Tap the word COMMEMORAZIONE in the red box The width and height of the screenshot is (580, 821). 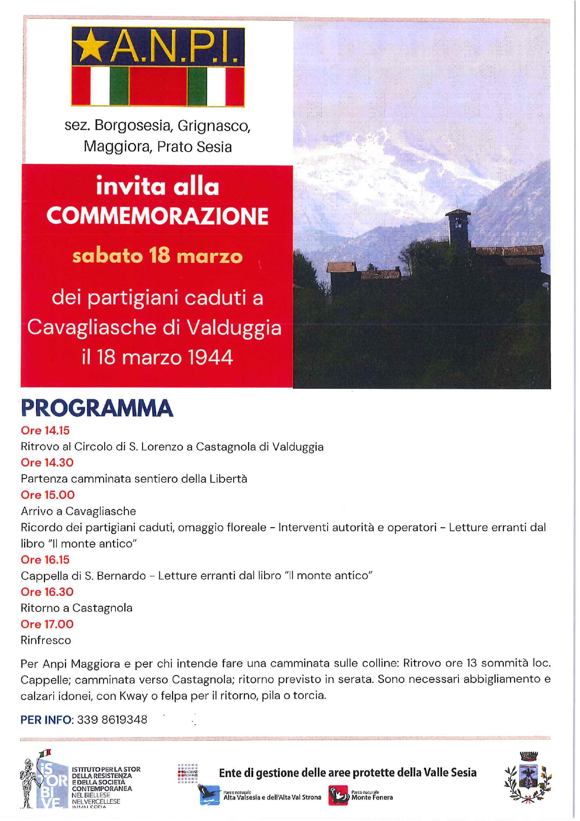(x=158, y=216)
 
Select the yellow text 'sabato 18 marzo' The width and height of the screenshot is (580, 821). (x=158, y=256)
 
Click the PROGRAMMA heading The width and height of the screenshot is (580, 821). (x=97, y=408)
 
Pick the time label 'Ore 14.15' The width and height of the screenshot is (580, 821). (x=45, y=430)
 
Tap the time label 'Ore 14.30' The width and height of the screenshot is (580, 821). (x=47, y=463)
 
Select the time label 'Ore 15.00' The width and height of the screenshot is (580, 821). (x=48, y=495)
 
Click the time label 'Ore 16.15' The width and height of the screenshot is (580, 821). (x=45, y=559)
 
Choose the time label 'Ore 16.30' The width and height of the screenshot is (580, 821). (x=47, y=592)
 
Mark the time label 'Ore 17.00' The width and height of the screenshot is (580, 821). (x=47, y=624)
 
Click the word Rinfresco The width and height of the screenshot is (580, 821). (x=46, y=640)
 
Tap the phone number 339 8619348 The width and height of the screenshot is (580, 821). (x=112, y=719)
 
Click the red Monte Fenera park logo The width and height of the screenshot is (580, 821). (x=338, y=796)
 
